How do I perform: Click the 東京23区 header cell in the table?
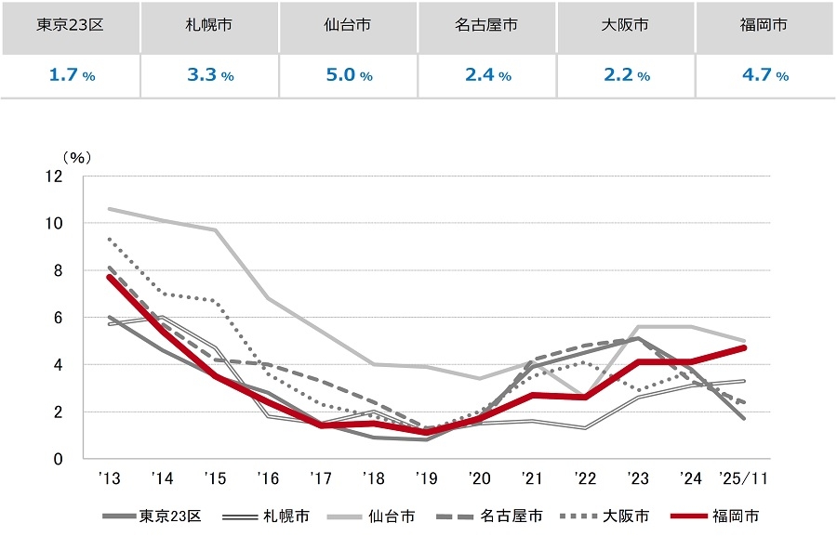(71, 25)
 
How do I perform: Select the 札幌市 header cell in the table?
(209, 25)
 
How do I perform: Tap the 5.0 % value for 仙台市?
(349, 75)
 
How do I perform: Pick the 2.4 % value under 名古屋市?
(487, 75)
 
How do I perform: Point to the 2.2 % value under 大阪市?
(626, 75)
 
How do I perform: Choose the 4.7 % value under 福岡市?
(764, 75)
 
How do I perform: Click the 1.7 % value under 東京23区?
(71, 75)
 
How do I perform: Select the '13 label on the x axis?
(110, 479)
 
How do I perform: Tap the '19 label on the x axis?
(427, 479)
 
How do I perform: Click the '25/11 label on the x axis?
(744, 479)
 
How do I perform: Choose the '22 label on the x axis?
(585, 479)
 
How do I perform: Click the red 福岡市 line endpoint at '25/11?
(744, 347)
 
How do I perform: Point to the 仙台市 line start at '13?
(110, 209)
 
